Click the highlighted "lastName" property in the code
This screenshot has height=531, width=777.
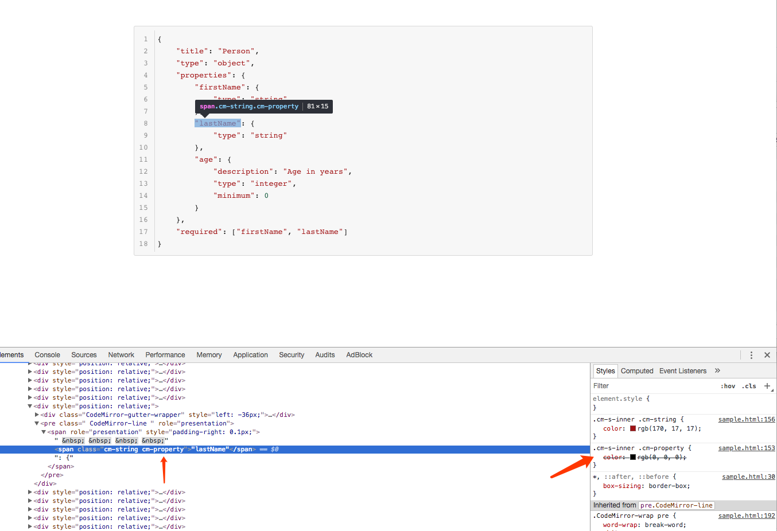pos(217,123)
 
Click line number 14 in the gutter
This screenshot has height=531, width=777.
pos(143,196)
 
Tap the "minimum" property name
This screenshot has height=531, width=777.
pos(234,196)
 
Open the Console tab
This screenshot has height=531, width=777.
pos(47,355)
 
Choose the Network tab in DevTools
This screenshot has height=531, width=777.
pos(121,355)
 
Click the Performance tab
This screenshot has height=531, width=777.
pos(165,355)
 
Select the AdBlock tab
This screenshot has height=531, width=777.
pos(359,355)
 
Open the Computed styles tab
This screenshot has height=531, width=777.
pos(637,371)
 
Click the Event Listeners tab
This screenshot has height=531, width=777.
pos(683,371)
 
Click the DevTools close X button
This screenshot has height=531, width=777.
pos(767,355)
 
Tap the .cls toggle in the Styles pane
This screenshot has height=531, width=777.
pos(749,386)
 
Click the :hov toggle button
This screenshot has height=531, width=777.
pos(728,386)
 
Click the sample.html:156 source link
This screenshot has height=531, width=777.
pos(747,420)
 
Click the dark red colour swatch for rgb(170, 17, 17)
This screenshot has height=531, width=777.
pos(633,428)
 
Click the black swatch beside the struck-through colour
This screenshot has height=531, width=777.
pos(633,457)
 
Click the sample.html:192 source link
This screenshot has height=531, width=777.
pos(747,516)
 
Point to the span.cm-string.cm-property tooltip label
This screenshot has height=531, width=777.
pos(249,106)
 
